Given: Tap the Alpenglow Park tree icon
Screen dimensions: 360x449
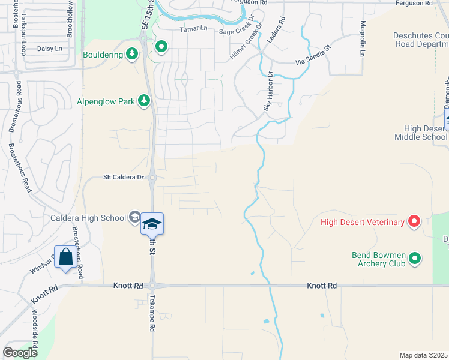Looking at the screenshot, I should (x=143, y=101).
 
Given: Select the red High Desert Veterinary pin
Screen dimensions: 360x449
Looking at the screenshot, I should (x=414, y=223).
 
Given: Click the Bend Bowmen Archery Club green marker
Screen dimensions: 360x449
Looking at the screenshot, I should (x=414, y=259).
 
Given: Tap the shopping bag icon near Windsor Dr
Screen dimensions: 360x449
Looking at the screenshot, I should (x=66, y=259).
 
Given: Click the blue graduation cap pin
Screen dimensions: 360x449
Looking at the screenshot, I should (x=152, y=224).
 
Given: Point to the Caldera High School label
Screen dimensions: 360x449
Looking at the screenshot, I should (x=88, y=218).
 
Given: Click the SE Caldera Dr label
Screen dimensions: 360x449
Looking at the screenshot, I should (x=124, y=177).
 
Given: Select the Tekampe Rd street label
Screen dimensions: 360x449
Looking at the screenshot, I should (x=152, y=313).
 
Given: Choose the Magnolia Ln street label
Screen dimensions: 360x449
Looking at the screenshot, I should (x=362, y=39).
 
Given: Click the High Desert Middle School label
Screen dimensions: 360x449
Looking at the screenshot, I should (x=421, y=133).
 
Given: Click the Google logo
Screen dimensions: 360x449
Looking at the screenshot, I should (x=20, y=353).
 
